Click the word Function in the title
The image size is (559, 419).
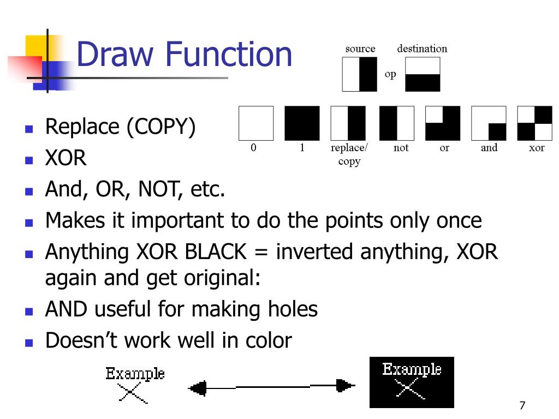[229, 55]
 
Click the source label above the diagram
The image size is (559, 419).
[360, 49]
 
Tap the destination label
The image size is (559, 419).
[422, 49]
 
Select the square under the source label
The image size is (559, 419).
[359, 74]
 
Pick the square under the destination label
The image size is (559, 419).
[423, 74]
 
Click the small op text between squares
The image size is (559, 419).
[390, 75]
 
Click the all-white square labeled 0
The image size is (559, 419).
[255, 123]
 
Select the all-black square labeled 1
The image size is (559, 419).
[302, 123]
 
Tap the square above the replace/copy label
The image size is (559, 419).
[348, 123]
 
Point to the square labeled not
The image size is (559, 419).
[397, 123]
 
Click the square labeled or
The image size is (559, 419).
[443, 123]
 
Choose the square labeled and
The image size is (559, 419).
[489, 123]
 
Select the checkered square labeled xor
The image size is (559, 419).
[534, 123]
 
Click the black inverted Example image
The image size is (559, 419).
[412, 382]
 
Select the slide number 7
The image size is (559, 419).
[522, 405]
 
